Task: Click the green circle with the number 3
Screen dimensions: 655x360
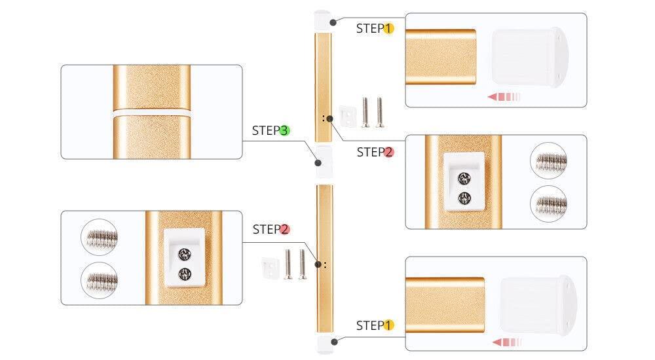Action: (x=284, y=131)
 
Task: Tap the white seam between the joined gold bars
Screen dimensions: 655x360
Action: (x=152, y=113)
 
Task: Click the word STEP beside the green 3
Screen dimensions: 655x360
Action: (x=266, y=131)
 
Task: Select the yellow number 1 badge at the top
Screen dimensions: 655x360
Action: (x=388, y=28)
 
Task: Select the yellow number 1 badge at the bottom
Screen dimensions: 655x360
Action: (x=388, y=325)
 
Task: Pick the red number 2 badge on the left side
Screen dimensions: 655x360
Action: (x=285, y=229)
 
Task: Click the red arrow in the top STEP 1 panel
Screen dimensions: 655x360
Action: (x=504, y=97)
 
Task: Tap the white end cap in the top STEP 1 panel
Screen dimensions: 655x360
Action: (x=530, y=57)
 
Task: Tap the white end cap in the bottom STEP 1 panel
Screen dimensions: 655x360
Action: (x=538, y=304)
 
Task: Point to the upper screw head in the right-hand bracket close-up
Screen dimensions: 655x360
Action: (x=464, y=179)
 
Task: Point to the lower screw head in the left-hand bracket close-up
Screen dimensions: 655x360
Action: (x=185, y=274)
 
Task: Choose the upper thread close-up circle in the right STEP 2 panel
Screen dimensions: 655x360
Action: (x=548, y=160)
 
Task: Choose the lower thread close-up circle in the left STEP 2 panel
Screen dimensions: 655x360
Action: (x=99, y=280)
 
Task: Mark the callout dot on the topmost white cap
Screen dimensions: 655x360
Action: (x=333, y=22)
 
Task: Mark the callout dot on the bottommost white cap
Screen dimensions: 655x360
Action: (x=335, y=342)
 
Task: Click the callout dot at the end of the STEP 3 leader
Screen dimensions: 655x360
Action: (x=318, y=163)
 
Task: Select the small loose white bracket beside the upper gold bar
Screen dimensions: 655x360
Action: (x=348, y=117)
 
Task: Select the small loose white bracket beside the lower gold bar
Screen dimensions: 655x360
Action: (x=271, y=268)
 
